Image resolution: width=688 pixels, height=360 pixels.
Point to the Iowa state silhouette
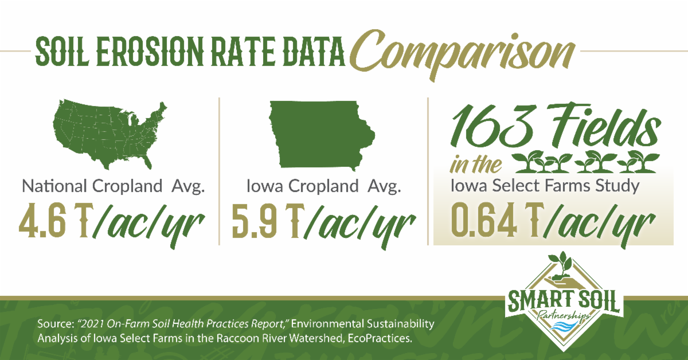point(320,135)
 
